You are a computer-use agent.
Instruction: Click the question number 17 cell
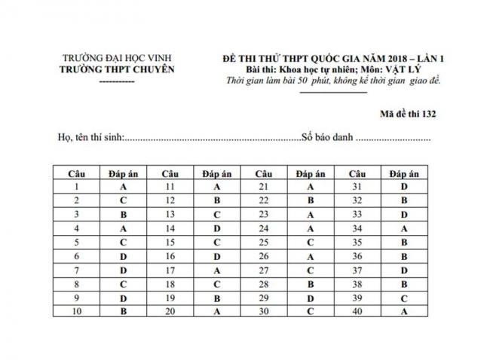click(170, 270)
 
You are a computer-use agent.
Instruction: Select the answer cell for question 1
click(122, 185)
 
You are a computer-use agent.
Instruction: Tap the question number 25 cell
click(263, 243)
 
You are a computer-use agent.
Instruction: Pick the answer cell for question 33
click(404, 214)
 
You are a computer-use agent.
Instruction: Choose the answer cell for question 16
click(216, 256)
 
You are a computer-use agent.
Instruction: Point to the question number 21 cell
click(263, 185)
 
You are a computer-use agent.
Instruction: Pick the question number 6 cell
click(78, 256)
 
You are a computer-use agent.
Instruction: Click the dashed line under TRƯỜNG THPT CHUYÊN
click(117, 80)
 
